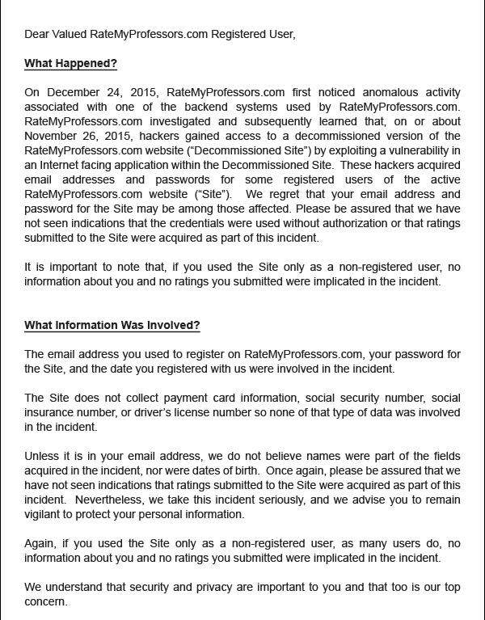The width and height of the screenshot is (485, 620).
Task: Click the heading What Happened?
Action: pyautogui.click(x=70, y=63)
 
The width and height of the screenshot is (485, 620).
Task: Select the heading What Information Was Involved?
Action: pyautogui.click(x=112, y=326)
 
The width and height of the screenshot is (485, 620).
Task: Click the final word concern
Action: pyautogui.click(x=46, y=602)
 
